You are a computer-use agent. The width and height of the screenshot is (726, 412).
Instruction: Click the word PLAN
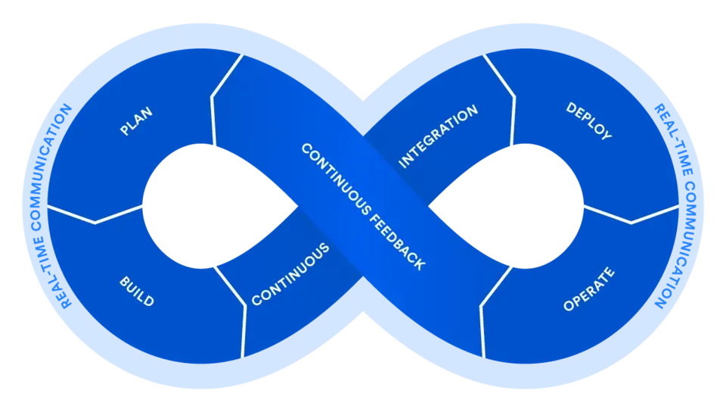pos(136,122)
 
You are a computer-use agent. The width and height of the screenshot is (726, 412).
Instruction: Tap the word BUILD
pos(136,292)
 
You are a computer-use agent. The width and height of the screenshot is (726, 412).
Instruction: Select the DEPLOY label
pos(588,121)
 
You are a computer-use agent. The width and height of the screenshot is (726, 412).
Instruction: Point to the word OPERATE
pos(589,289)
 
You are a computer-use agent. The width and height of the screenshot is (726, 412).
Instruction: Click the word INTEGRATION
pos(438,136)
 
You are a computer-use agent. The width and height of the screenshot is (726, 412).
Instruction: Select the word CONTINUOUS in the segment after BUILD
pos(290,274)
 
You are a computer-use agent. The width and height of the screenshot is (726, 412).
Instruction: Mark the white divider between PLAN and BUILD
pos(95,215)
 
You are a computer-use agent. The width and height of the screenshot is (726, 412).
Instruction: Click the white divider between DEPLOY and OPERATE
pos(631,215)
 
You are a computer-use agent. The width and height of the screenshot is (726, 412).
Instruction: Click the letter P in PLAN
pos(124,132)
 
